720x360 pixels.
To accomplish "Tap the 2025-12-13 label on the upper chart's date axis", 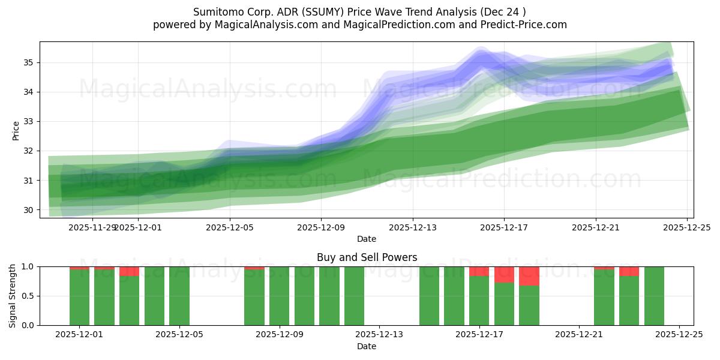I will pyautogui.click(x=412, y=227).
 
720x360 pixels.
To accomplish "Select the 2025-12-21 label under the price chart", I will pyautogui.click(x=595, y=227).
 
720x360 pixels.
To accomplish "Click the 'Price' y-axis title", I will pyautogui.click(x=16, y=130).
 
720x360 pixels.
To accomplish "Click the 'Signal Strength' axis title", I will pyautogui.click(x=13, y=296).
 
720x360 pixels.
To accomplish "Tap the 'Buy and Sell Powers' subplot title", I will pyautogui.click(x=367, y=257).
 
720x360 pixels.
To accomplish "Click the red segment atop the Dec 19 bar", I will pyautogui.click(x=529, y=276).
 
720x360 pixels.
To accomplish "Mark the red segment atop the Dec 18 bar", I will pyautogui.click(x=504, y=274).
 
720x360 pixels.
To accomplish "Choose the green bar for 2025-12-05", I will pyautogui.click(x=179, y=296).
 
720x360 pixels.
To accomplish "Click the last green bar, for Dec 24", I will pyautogui.click(x=654, y=296).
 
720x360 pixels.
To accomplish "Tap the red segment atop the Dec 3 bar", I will pyautogui.click(x=130, y=271).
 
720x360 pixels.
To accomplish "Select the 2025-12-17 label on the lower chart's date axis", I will pyautogui.click(x=479, y=334).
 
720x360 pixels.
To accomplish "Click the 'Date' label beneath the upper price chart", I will pyautogui.click(x=367, y=239).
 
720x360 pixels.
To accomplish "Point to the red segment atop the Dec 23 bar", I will pyautogui.click(x=629, y=271).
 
